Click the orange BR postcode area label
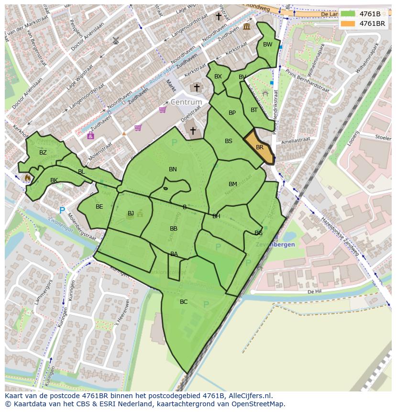point(260,147)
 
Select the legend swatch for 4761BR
point(348,23)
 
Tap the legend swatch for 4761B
point(348,14)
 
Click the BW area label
point(267,45)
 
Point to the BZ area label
point(43,153)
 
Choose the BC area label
point(184,302)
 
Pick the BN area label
point(173,169)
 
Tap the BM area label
point(233,184)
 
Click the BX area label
point(218,77)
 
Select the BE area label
point(99,207)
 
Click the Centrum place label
point(186,102)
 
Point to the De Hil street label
point(314,291)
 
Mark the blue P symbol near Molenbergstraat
point(62,210)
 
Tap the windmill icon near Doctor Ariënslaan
point(115,41)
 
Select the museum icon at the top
point(246,27)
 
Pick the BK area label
point(54,180)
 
